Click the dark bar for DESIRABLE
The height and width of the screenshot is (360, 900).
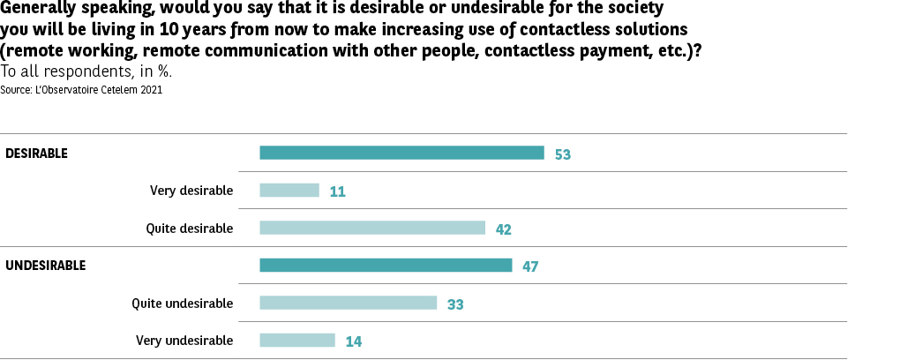click(401, 153)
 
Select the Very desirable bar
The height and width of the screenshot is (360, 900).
click(289, 190)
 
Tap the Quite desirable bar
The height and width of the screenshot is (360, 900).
click(372, 228)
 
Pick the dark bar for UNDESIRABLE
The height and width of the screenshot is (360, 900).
click(386, 265)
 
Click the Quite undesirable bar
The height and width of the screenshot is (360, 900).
click(348, 303)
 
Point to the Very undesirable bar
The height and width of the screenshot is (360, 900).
click(297, 340)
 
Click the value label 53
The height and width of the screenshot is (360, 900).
click(563, 154)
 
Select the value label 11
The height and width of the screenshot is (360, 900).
click(337, 191)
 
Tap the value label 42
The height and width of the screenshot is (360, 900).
click(504, 229)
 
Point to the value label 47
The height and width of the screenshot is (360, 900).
click(530, 266)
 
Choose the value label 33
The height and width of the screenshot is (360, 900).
click(455, 304)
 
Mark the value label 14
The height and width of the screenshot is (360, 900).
click(354, 341)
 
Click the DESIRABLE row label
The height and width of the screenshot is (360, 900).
click(37, 154)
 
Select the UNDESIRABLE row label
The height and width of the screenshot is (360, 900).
click(46, 266)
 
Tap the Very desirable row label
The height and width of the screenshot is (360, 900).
click(191, 191)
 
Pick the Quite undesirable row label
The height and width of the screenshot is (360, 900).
click(183, 304)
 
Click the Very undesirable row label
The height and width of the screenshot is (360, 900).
click(184, 341)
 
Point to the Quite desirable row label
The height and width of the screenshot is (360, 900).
click(190, 229)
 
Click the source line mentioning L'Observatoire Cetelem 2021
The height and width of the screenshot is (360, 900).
click(81, 89)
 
